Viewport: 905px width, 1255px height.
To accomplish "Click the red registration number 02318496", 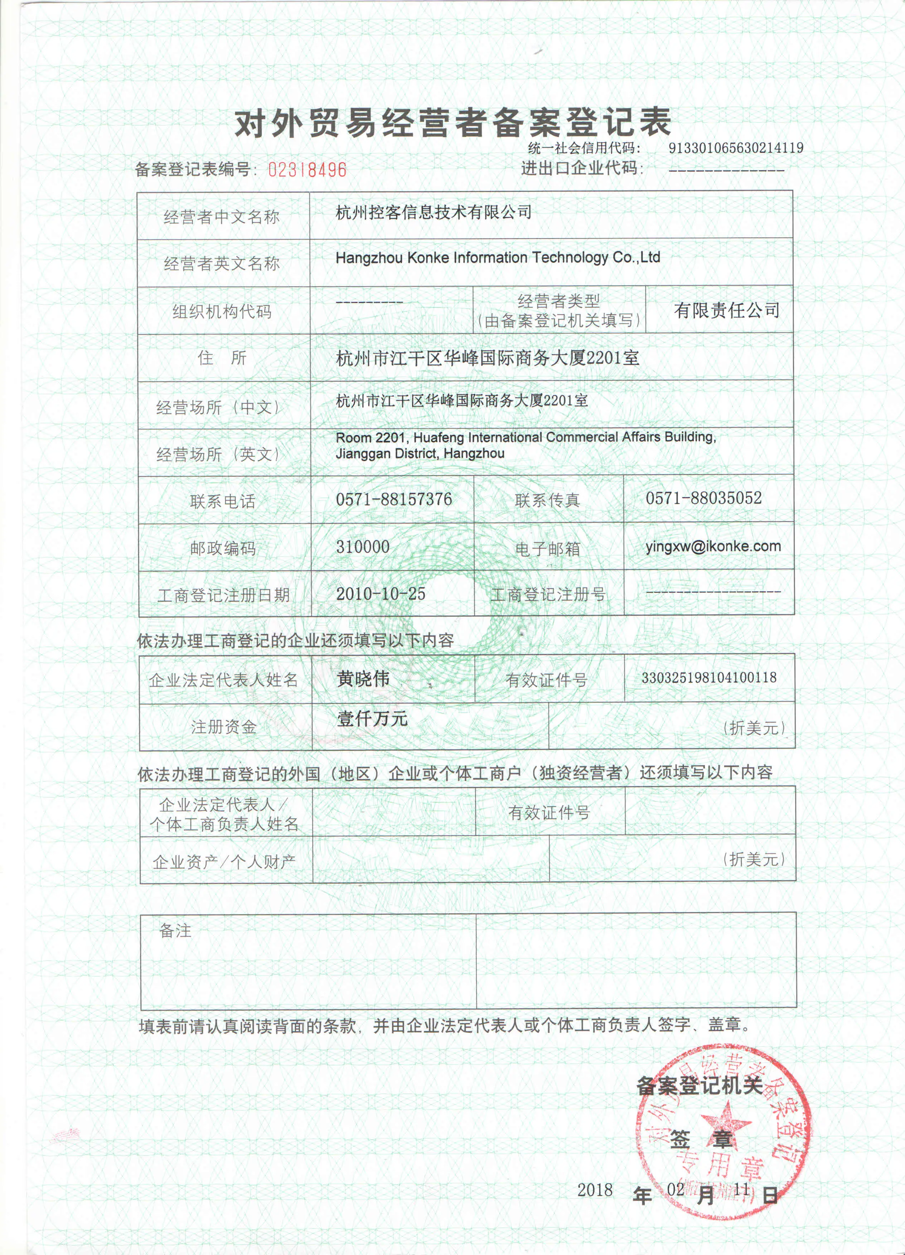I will pyautogui.click(x=307, y=169).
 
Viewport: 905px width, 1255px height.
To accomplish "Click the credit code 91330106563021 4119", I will pyautogui.click(x=735, y=148).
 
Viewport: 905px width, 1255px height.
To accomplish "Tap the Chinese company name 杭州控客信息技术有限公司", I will pyautogui.click(x=433, y=212).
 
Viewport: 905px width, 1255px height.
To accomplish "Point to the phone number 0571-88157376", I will pyautogui.click(x=394, y=499).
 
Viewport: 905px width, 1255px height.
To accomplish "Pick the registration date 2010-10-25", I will pyautogui.click(x=381, y=594).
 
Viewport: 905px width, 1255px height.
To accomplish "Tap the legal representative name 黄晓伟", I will pyautogui.click(x=363, y=678).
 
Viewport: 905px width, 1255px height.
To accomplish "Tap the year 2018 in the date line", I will pyautogui.click(x=595, y=1190).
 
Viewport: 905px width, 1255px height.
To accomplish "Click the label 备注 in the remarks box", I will pyautogui.click(x=175, y=931).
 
